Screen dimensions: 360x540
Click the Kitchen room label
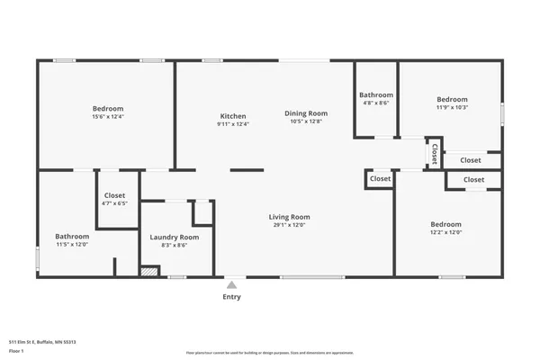pyautogui.click(x=233, y=116)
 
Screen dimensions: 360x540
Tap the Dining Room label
pyautogui.click(x=306, y=113)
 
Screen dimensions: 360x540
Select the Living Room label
pyautogui.click(x=289, y=217)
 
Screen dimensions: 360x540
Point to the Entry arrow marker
pyautogui.click(x=231, y=284)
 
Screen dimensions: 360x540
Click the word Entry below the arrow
pyautogui.click(x=231, y=297)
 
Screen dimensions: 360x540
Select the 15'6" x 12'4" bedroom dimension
pyautogui.click(x=107, y=116)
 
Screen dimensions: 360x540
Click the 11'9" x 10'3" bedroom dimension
pyautogui.click(x=452, y=107)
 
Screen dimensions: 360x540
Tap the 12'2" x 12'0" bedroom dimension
pyautogui.click(x=445, y=232)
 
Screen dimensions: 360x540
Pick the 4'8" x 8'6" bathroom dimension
pyautogui.click(x=376, y=103)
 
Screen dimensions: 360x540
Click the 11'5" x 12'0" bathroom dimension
pyautogui.click(x=72, y=245)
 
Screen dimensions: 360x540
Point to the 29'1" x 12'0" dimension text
pyautogui.click(x=289, y=225)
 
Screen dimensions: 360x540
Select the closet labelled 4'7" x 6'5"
pyautogui.click(x=114, y=203)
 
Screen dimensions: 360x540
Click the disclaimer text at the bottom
pyautogui.click(x=270, y=353)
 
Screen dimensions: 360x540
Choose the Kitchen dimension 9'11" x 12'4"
pyautogui.click(x=233, y=124)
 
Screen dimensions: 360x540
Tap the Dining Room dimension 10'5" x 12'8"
pyautogui.click(x=306, y=121)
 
